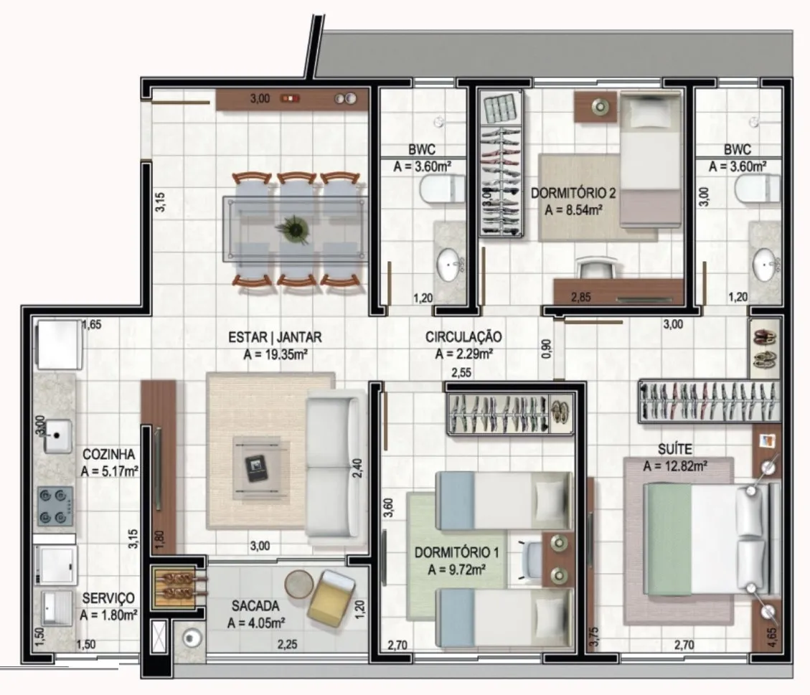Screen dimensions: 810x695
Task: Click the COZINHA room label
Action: click(x=108, y=455)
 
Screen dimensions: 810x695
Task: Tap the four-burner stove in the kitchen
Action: click(x=55, y=506)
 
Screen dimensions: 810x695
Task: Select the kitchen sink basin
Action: click(x=57, y=436)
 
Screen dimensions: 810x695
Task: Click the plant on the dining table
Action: click(x=294, y=229)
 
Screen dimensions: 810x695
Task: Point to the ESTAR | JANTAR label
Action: click(x=275, y=337)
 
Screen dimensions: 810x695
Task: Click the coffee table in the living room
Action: click(x=260, y=468)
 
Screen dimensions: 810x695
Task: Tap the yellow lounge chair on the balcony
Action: click(x=331, y=598)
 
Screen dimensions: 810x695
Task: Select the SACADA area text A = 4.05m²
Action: click(x=256, y=623)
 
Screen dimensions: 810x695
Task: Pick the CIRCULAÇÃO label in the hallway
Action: click(x=463, y=336)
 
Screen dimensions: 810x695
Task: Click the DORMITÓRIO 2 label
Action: click(x=573, y=193)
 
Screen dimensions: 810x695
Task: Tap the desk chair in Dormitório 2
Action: click(x=597, y=268)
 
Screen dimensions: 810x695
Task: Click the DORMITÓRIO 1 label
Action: click(x=457, y=552)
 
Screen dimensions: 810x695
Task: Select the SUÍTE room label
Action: click(x=675, y=449)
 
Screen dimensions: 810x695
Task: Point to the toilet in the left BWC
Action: click(x=442, y=189)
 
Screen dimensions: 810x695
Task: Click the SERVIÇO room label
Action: click(x=108, y=598)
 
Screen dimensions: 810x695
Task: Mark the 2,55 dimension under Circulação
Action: click(x=461, y=372)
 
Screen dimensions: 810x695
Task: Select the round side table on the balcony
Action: click(x=299, y=584)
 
